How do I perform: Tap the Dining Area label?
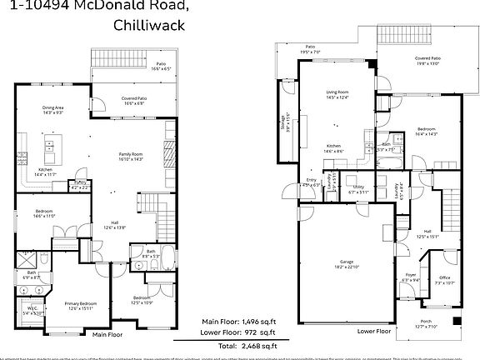(55, 107)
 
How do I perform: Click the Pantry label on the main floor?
(81, 182)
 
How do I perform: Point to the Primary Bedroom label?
(82, 302)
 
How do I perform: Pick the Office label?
(445, 279)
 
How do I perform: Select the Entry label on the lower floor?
(311, 180)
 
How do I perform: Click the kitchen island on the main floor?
(51, 154)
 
